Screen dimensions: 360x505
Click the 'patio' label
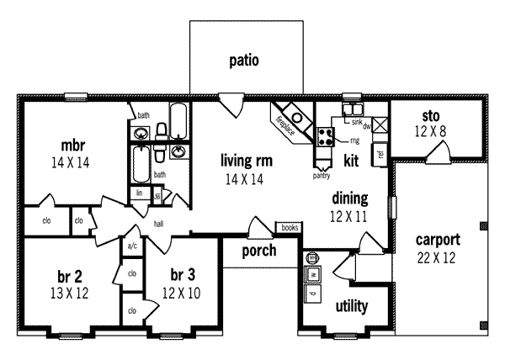(x=243, y=61)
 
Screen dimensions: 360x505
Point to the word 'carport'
(x=437, y=240)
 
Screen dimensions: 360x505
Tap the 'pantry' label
(x=321, y=176)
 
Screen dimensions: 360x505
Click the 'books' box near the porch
(x=289, y=227)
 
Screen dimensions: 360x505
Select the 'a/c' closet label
(x=132, y=246)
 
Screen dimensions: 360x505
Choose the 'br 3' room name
(x=182, y=276)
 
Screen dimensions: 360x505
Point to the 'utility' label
(x=351, y=306)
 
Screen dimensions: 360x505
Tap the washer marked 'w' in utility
(x=312, y=275)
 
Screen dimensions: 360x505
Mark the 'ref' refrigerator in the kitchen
(x=380, y=155)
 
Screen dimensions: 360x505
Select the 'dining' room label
(x=349, y=199)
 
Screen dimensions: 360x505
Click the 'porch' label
(x=259, y=251)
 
